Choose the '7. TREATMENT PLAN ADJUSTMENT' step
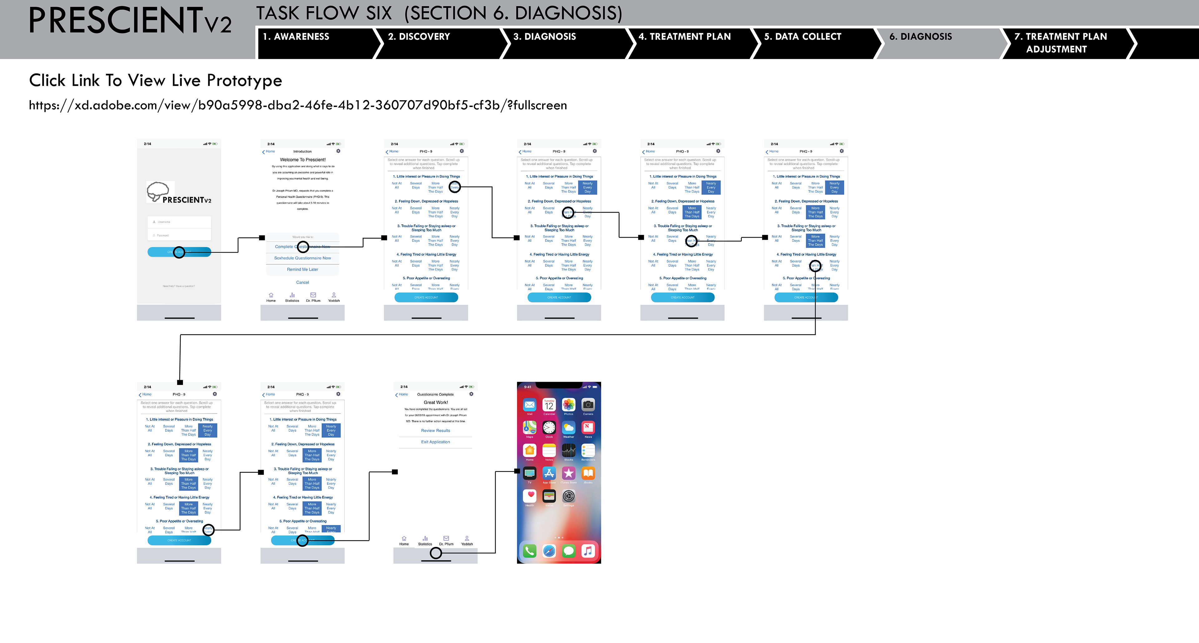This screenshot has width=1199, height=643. coord(1060,43)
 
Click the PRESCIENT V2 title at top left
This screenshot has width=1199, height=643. coord(129,21)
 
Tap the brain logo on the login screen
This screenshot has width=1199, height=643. coord(158,191)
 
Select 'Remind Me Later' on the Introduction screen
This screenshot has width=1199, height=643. coord(303,269)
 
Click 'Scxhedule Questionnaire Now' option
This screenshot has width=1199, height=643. coord(303,258)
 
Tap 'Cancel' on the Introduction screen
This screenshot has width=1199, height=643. coord(303,282)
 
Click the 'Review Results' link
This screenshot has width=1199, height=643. coord(435,431)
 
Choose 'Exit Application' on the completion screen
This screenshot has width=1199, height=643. coord(435,442)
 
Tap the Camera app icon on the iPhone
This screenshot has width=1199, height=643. coord(588,405)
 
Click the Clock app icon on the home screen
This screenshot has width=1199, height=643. coord(549,428)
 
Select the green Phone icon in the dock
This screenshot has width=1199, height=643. coord(529,551)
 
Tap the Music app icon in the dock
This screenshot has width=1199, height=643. coord(588,551)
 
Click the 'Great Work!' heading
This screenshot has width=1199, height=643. coord(436,402)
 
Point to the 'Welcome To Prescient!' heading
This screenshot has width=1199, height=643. coord(303,160)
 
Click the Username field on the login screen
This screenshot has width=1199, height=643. coord(179,222)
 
